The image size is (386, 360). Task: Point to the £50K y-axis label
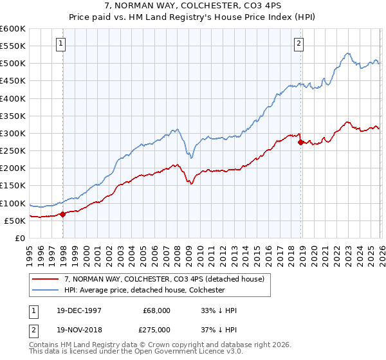tap(14, 221)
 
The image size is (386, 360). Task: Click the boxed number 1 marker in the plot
tap(60, 44)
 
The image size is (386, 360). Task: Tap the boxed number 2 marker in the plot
tap(299, 44)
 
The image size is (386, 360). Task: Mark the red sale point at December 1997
tap(63, 215)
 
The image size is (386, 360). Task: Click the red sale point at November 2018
tap(300, 142)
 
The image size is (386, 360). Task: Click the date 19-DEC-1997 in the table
tap(78, 310)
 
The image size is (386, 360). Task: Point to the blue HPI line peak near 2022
tap(347, 53)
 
